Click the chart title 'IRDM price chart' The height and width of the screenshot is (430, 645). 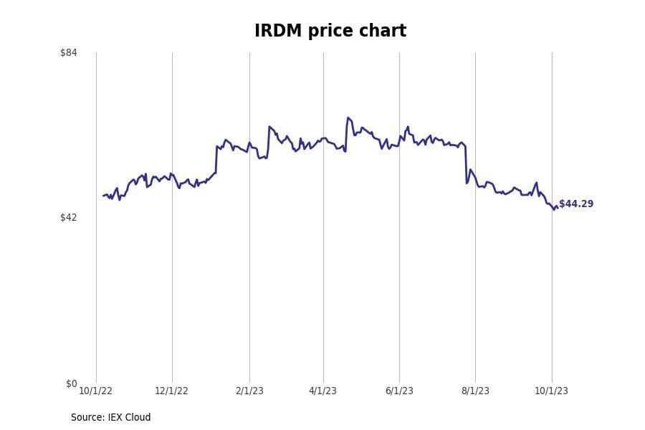pos(330,31)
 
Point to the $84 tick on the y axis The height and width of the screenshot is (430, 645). pos(69,52)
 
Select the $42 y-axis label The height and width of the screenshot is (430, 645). pos(69,217)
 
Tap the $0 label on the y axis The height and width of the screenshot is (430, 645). pos(71,383)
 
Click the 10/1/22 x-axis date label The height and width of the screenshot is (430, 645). pos(95,391)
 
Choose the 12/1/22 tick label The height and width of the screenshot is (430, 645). pos(171,391)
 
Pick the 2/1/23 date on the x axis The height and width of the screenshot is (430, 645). pos(249,391)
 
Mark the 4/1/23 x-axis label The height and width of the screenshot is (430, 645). pos(322,391)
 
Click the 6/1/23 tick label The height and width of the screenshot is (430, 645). pos(399,391)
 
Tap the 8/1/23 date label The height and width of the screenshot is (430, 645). pos(475,391)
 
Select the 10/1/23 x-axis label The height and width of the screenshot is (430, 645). pos(551,391)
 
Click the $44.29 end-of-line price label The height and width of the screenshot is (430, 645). pos(576,204)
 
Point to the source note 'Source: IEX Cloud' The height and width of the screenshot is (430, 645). pos(110,417)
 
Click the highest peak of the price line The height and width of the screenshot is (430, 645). pos(348,118)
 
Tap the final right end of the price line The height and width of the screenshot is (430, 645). pos(558,208)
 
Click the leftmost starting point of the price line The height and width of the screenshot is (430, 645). pos(103,196)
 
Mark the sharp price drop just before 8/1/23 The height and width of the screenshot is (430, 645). pos(466,165)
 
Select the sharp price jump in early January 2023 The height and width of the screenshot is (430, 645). pos(216,159)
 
